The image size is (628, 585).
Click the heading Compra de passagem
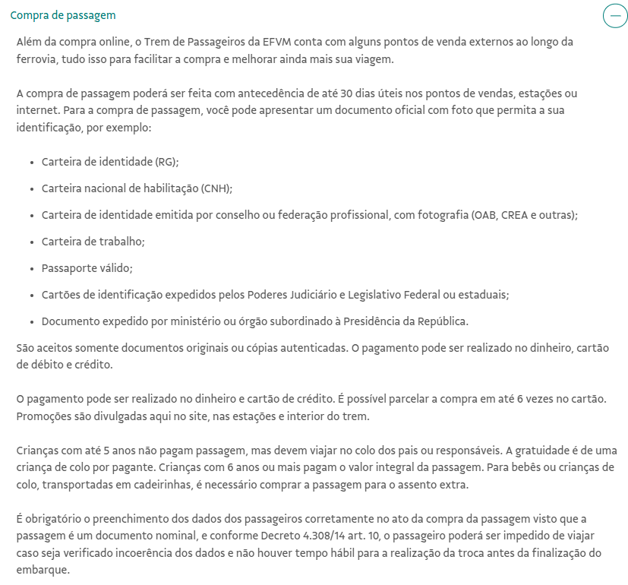click(63, 15)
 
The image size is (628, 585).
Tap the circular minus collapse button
click(614, 15)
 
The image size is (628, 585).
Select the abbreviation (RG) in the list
click(166, 162)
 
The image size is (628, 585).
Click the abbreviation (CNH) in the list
click(216, 188)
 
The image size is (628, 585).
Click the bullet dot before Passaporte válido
click(32, 268)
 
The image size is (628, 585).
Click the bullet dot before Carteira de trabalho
click(32, 242)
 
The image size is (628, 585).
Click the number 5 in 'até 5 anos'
click(103, 450)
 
